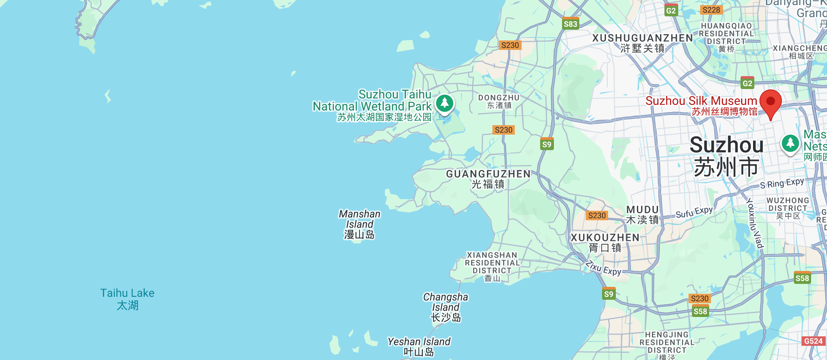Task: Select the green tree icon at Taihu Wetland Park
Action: click(x=444, y=103)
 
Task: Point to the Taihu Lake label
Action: click(x=127, y=299)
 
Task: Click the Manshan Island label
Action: click(x=360, y=224)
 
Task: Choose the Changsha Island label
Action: click(x=446, y=307)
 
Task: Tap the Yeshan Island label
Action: click(x=419, y=346)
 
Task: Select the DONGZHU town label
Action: click(x=499, y=101)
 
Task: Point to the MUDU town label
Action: click(x=643, y=214)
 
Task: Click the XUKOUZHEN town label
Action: click(x=605, y=242)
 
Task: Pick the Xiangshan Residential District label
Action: click(x=492, y=266)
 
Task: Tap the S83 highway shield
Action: click(x=570, y=24)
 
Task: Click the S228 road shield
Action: click(x=711, y=10)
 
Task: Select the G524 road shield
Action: click(x=813, y=341)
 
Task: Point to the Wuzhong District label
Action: click(x=787, y=208)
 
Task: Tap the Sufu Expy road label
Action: click(x=694, y=212)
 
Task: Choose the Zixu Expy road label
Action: click(x=603, y=268)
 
